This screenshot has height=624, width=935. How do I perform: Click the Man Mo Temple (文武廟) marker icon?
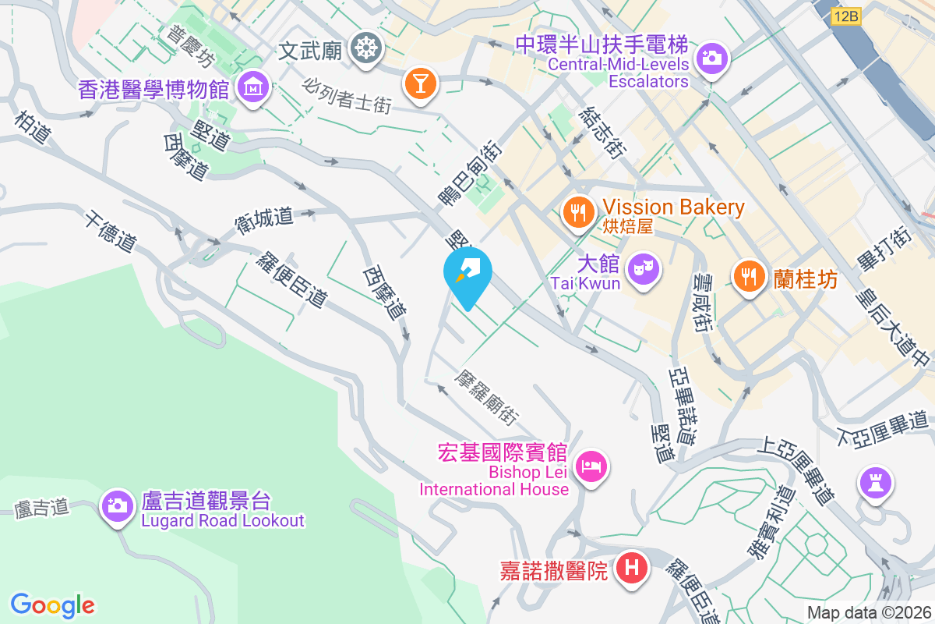click(x=364, y=49)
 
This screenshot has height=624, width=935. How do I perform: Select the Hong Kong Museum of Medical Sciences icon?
click(x=253, y=87)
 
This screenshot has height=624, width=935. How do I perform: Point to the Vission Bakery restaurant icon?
click(x=577, y=211)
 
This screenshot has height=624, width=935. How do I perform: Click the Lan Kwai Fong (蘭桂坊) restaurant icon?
click(x=749, y=275)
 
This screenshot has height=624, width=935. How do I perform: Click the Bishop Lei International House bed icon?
click(x=591, y=467)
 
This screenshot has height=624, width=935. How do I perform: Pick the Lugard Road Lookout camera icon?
click(x=118, y=505)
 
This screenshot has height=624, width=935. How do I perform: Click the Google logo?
click(x=52, y=604)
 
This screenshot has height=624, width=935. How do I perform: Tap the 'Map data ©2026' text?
click(x=869, y=613)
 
